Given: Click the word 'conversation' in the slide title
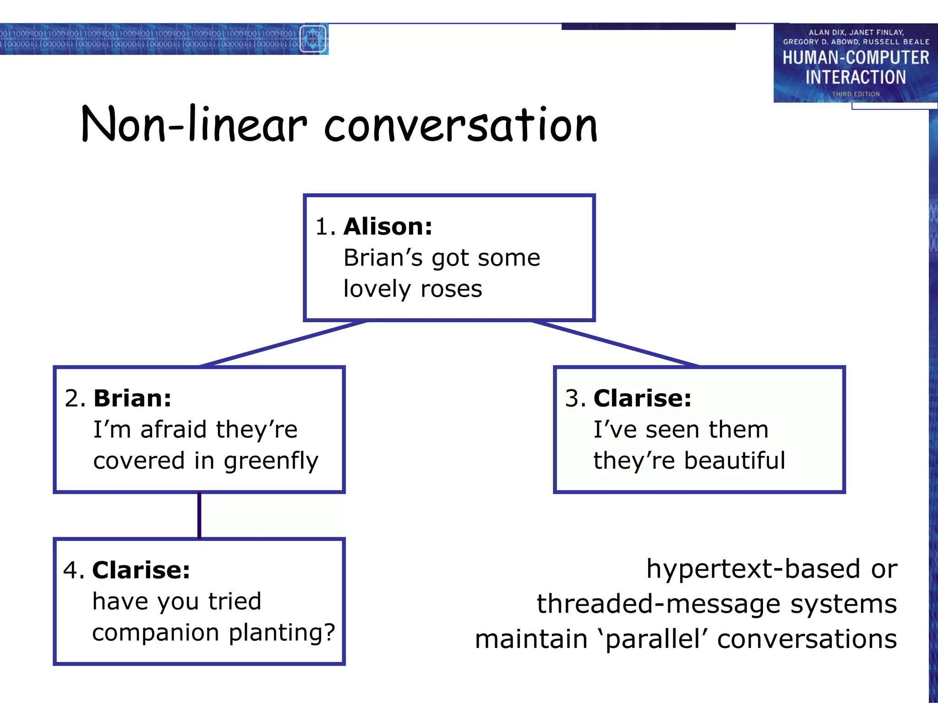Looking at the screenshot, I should point(460,125).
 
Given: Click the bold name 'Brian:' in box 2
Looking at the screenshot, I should point(132,398).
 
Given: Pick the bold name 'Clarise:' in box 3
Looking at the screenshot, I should point(642,398).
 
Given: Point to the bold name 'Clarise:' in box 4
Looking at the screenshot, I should point(141,570).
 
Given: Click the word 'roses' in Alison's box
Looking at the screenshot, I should point(451,289).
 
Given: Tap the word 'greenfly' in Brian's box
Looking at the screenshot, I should point(271,461).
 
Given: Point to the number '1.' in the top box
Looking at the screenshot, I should point(325,227).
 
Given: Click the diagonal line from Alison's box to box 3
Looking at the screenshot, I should point(615,344).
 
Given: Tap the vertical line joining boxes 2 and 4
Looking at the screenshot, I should point(199,515).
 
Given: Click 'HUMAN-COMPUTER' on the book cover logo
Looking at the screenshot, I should point(855,58).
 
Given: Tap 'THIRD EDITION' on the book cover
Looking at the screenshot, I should point(856,94).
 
